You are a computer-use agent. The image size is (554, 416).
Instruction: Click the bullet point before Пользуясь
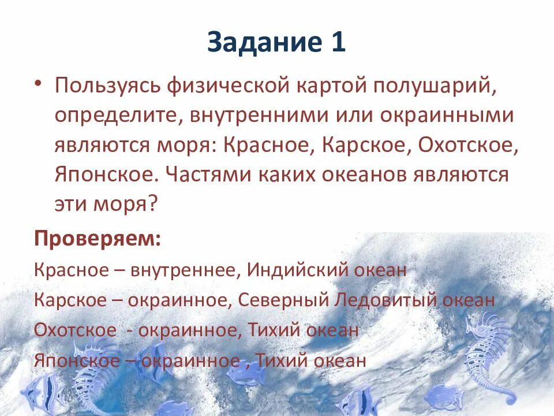38,85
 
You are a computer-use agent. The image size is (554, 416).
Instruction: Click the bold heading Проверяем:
98,238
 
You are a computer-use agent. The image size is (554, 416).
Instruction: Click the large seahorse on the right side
488,352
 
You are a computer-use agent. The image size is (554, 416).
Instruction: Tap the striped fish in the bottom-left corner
43,393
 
